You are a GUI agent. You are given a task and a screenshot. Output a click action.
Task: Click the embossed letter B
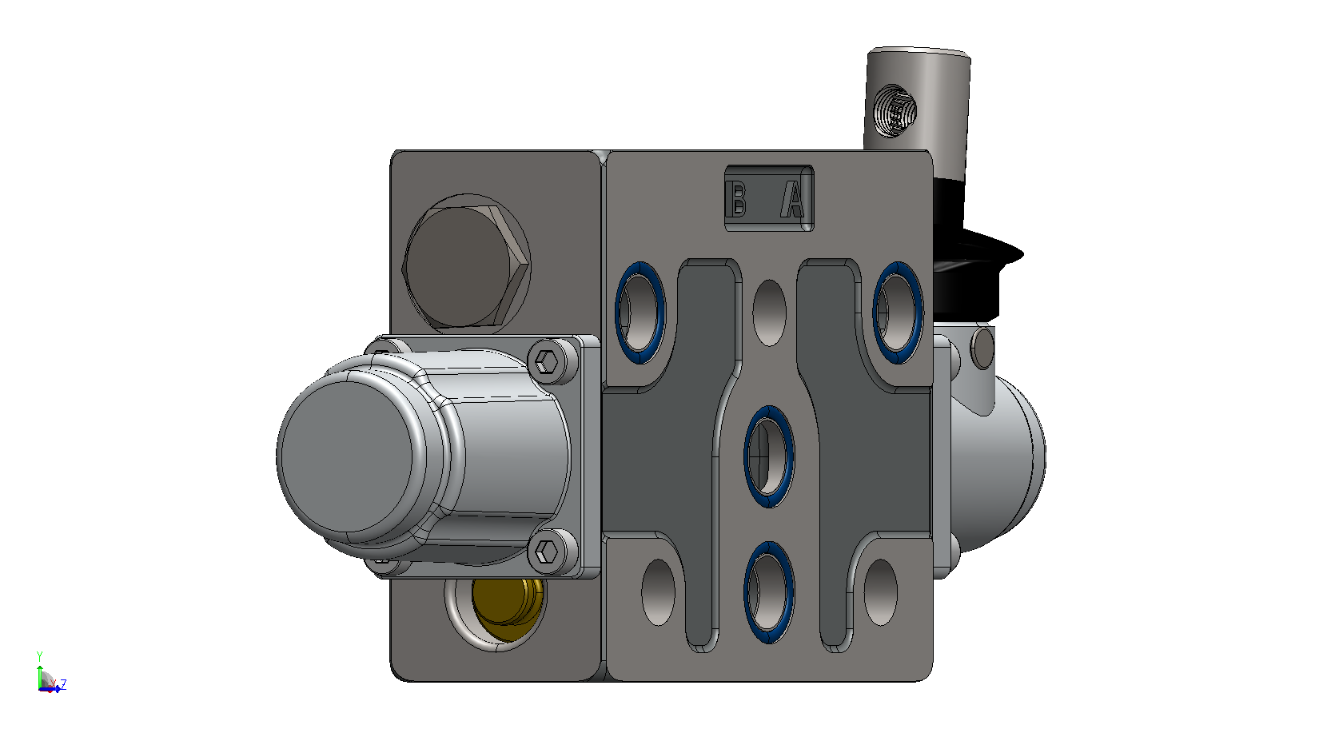coord(738,199)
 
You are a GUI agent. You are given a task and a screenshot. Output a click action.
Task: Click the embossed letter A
coord(793,199)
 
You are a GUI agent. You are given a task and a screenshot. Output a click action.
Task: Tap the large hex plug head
coord(465,266)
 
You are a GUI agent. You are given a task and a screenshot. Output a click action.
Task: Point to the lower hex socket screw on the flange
coord(546,552)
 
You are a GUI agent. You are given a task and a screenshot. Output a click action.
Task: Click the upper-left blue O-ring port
coord(640,313)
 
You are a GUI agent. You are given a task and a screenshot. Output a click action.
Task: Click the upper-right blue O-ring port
coord(898,313)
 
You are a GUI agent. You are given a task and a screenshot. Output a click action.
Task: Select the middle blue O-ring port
coord(768,456)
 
